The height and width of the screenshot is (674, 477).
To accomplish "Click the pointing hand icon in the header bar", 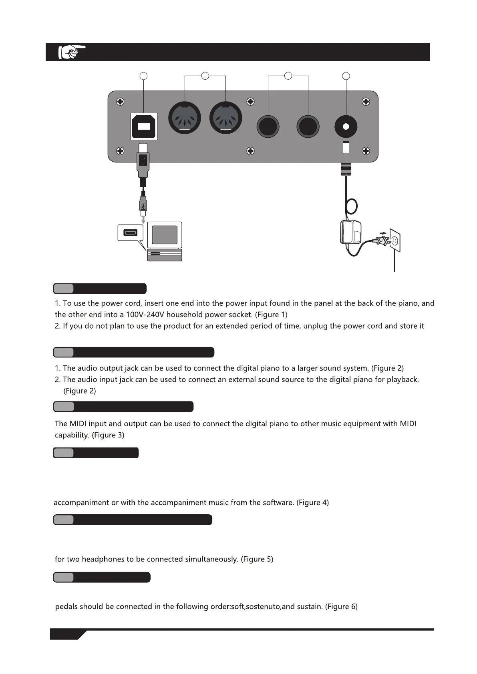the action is [71, 52].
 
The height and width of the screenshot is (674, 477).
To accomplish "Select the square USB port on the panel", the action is [143, 126].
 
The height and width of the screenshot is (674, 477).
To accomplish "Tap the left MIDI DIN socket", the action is [185, 118].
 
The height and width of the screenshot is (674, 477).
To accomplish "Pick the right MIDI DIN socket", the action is [225, 118].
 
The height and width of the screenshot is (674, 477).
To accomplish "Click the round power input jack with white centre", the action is [346, 127].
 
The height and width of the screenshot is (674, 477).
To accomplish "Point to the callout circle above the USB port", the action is [143, 76].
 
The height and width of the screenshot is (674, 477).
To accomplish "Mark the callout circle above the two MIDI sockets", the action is [205, 75].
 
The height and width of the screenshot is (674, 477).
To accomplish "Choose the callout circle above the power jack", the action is [346, 76].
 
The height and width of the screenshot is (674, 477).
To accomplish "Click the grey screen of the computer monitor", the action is [165, 235].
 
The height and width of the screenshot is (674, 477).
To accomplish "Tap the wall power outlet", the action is [394, 240].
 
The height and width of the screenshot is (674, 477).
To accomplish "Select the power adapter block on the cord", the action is [350, 232].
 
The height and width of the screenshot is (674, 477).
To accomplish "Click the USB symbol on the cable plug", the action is [143, 206].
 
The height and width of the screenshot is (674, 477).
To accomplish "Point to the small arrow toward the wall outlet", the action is [383, 233].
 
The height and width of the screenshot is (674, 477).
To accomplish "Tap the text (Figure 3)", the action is [108, 435].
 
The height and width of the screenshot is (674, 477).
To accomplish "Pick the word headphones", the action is [103, 559].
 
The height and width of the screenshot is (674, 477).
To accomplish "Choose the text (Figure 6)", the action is [341, 606].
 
